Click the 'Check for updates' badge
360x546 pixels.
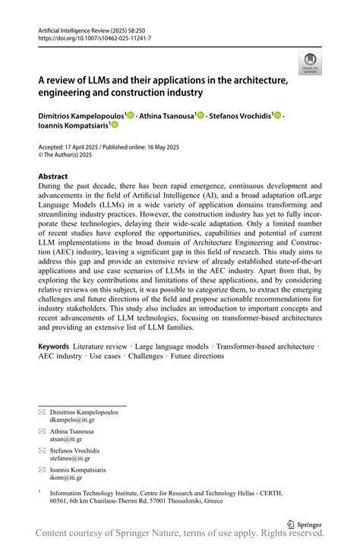coord(309,63)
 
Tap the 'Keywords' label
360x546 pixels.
coord(58,346)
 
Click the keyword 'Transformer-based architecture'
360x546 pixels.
coord(264,346)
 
